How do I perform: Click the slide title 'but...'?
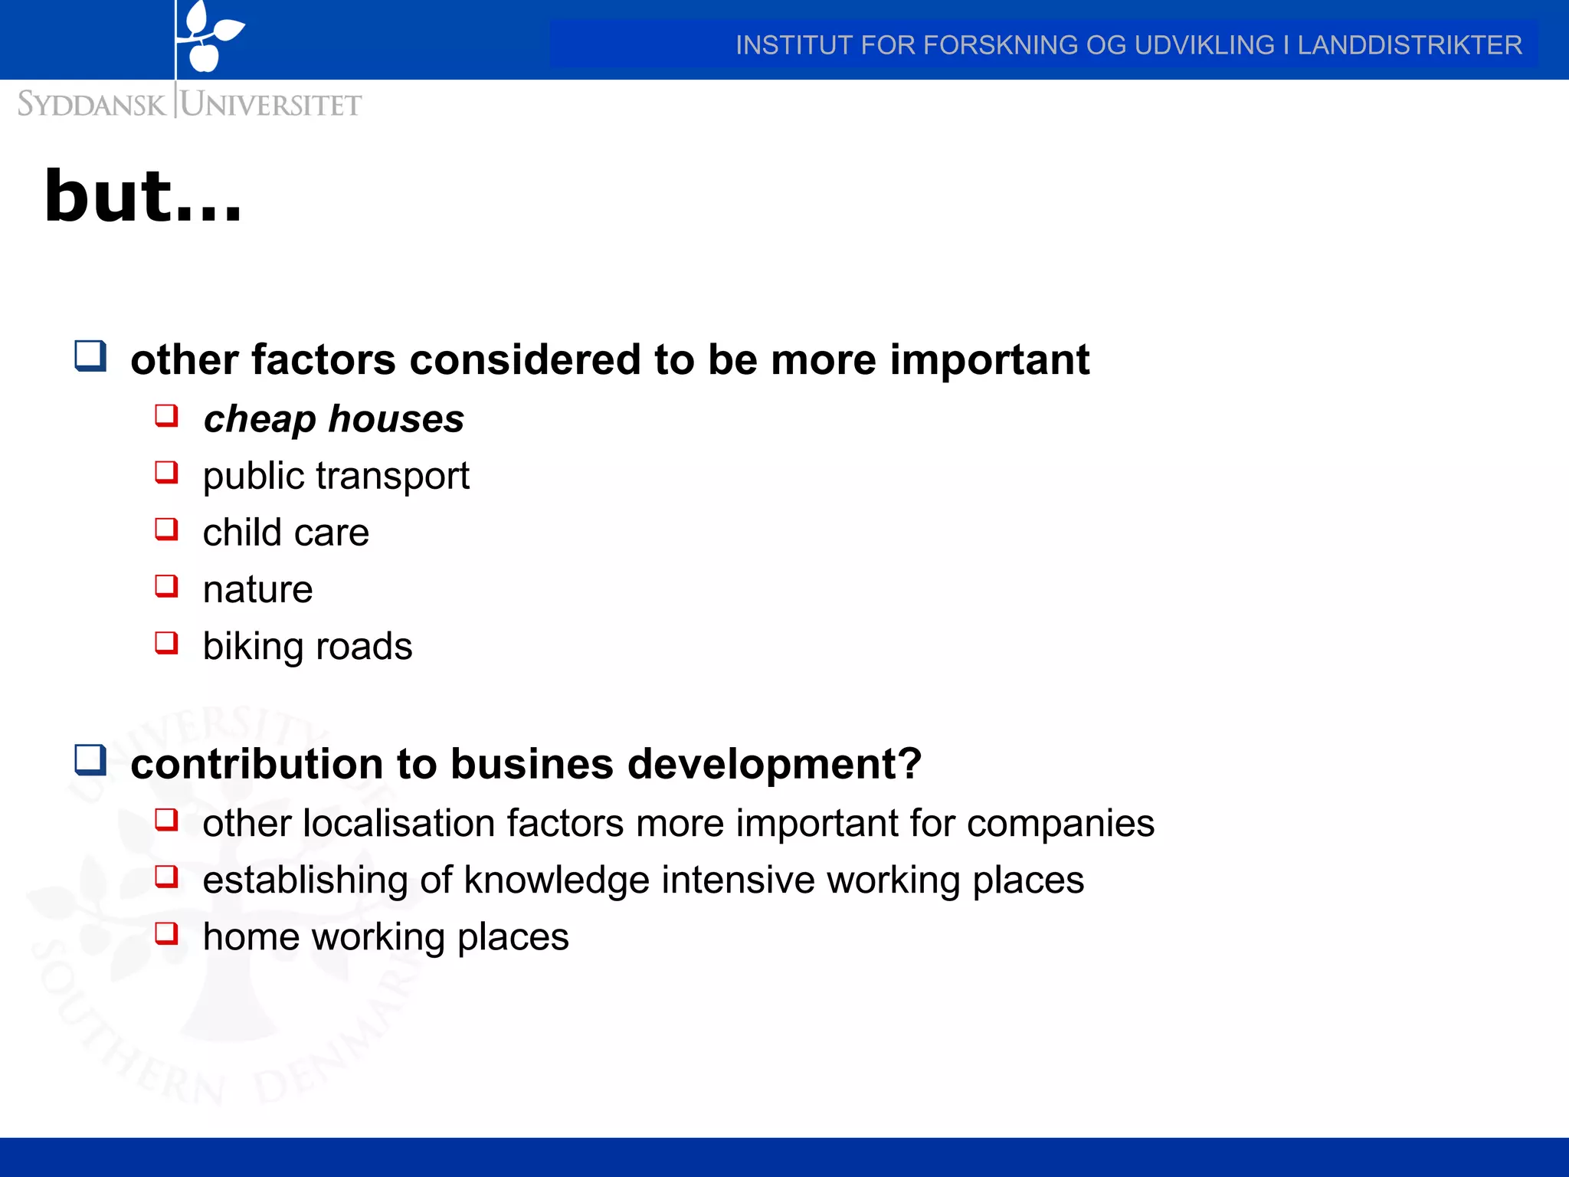point(143,198)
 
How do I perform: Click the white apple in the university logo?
point(204,56)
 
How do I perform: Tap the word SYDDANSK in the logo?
point(90,104)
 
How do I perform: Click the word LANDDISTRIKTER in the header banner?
point(1409,45)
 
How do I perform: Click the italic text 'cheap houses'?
point(333,419)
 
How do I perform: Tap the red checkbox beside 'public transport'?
point(166,473)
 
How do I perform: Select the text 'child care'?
point(286,533)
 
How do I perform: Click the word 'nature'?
point(257,589)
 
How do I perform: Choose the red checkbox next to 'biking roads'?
point(166,642)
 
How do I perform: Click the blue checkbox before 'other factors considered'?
point(90,356)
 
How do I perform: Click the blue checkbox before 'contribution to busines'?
point(90,760)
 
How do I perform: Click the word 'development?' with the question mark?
point(774,764)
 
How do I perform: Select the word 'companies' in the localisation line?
point(1060,823)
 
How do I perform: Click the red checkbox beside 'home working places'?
point(166,933)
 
